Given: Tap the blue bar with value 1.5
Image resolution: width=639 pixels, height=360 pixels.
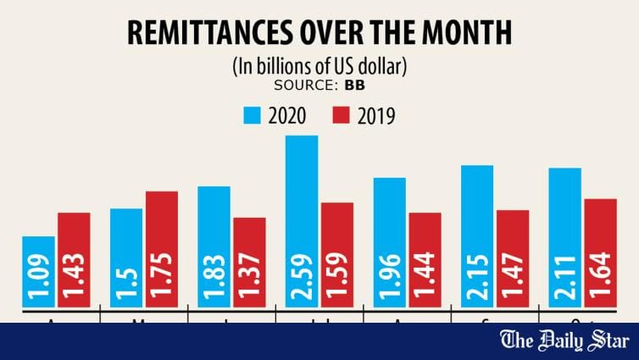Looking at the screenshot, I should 126,258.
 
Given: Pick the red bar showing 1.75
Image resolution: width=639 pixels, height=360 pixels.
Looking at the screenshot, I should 161,249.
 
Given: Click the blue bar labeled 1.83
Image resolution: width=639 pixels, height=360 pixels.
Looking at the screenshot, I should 214,246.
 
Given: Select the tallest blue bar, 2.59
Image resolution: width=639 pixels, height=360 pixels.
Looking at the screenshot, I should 302,221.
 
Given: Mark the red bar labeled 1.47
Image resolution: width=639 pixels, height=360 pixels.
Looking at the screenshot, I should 513,258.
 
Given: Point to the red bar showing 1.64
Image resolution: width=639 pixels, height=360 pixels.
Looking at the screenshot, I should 600,252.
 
